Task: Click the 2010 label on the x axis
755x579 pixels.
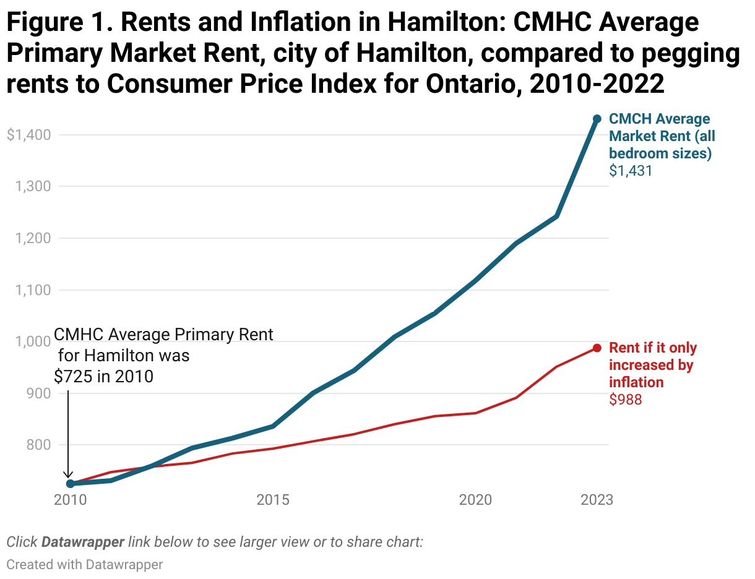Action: coord(70,499)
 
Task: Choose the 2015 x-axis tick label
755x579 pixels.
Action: coord(273,499)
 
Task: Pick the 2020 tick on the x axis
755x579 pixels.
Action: coord(475,499)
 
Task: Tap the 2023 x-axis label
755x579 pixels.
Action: coord(597,499)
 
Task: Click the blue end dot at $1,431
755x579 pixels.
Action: coord(597,119)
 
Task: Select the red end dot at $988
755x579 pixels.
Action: coord(597,348)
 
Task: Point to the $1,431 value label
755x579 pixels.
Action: coord(631,171)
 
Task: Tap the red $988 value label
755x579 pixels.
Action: coord(626,400)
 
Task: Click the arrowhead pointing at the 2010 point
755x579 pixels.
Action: coord(68,474)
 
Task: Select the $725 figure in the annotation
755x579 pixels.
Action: coord(72,376)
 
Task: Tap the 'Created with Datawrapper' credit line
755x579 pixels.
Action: coord(85,564)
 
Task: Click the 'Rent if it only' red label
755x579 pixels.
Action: coord(653,348)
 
